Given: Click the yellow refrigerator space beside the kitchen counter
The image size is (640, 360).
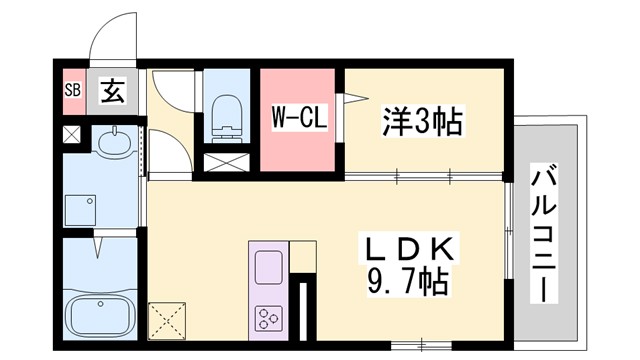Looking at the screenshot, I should [x=302, y=256].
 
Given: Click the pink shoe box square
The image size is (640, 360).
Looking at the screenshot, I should [x=71, y=91].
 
